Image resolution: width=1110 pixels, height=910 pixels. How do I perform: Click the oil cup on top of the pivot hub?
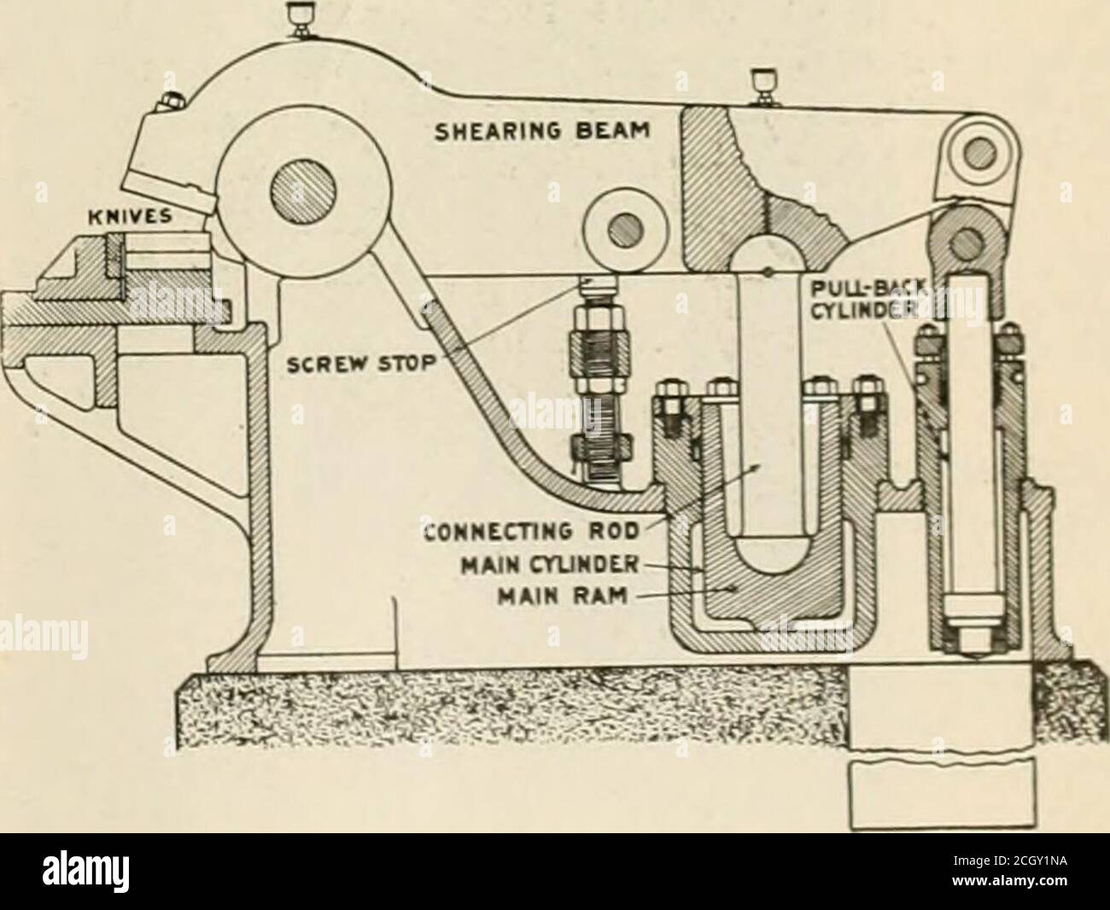tap(300, 17)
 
